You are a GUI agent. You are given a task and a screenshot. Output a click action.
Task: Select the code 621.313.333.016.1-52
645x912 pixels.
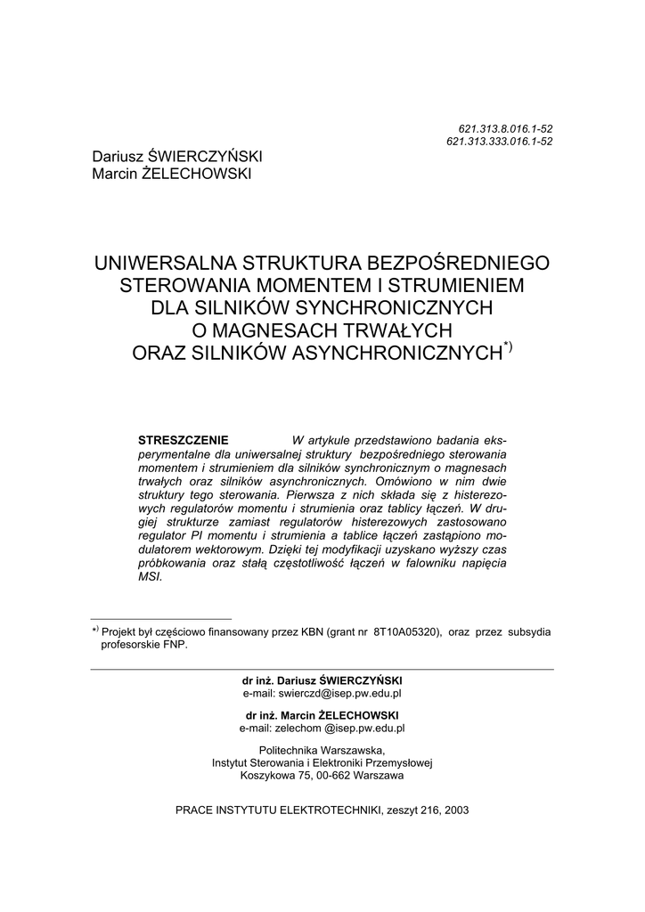pos(499,142)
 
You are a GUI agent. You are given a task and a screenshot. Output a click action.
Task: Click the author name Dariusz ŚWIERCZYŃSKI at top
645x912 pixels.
pos(177,157)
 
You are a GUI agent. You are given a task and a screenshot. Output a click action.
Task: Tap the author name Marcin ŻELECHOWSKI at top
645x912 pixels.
pos(172,173)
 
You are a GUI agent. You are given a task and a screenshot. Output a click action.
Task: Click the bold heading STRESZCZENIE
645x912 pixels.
pos(184,441)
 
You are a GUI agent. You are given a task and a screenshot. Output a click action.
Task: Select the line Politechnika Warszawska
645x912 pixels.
pos(322,750)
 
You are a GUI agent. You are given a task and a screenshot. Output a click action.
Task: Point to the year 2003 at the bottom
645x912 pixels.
pos(454,810)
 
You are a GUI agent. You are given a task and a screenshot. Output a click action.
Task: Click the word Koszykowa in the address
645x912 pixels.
pos(265,776)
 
